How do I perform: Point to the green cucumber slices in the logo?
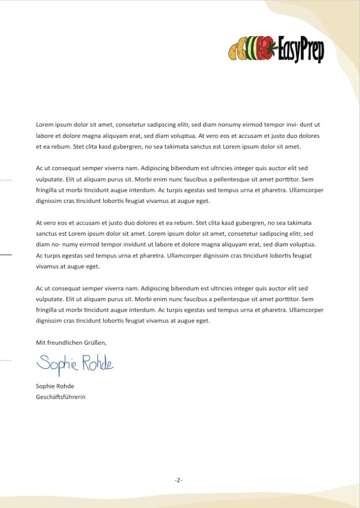(253, 49)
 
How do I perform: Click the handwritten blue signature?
(75, 364)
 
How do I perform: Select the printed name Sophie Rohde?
(55, 386)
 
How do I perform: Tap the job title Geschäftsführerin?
(61, 397)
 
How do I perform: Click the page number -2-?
(179, 480)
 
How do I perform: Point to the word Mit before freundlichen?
(40, 342)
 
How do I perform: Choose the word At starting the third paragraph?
(40, 223)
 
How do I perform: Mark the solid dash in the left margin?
(5, 254)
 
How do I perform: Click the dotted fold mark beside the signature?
(5, 359)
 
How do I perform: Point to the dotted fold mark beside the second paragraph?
(5, 179)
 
